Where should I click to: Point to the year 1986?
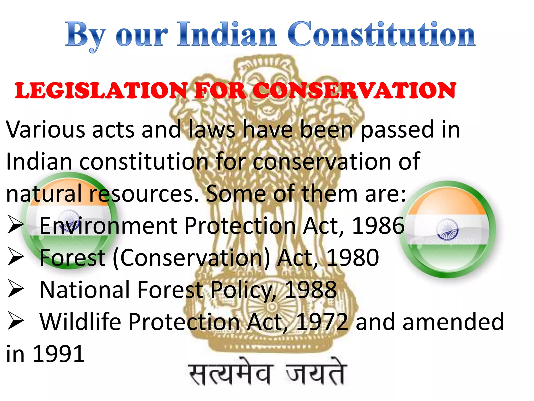[x=378, y=226]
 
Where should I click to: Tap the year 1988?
[x=311, y=290]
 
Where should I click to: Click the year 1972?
[x=322, y=322]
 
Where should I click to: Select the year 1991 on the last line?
[x=58, y=354]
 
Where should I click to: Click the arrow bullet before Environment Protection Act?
[x=16, y=224]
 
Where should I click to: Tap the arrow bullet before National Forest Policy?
[x=16, y=288]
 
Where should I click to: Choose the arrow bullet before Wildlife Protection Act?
[x=16, y=321]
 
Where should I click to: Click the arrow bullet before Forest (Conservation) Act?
[x=16, y=256]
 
